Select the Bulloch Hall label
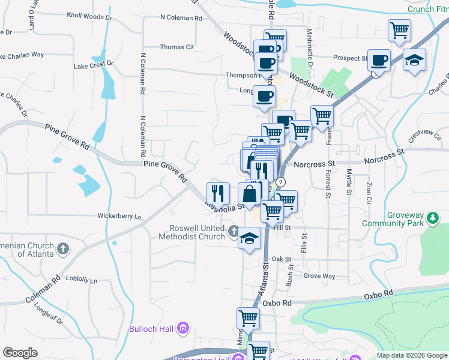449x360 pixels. tap(153, 329)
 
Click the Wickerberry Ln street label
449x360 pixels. tap(119, 216)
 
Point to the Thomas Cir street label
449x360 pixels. tap(176, 47)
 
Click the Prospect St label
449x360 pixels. tap(350, 58)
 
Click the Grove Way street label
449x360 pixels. tap(319, 276)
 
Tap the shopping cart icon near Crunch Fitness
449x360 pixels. tap(399, 31)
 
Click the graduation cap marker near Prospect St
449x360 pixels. tap(414, 60)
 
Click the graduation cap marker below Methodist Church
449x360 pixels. tap(250, 239)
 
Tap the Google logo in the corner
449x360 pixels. tap(20, 352)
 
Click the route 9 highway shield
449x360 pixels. tap(280, 181)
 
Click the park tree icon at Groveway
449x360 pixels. tap(431, 217)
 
